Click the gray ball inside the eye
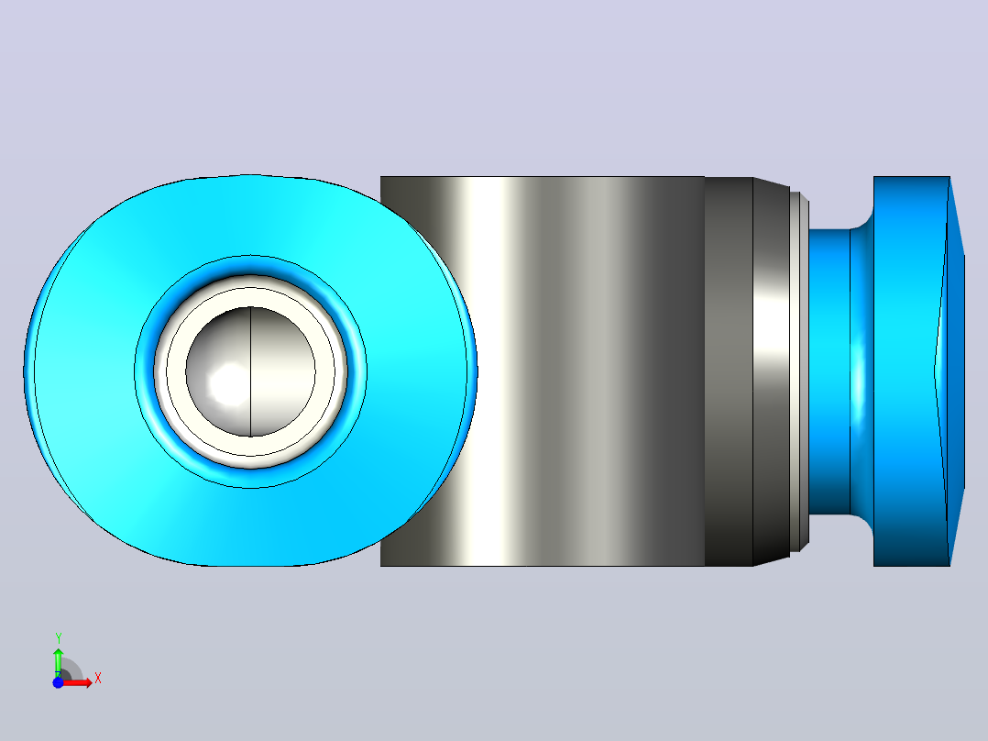(251, 371)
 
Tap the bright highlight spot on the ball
(228, 382)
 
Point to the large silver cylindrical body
(542, 371)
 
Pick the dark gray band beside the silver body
(729, 371)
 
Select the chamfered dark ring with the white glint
(772, 371)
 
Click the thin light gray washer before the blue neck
(799, 371)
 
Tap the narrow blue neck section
(829, 371)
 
